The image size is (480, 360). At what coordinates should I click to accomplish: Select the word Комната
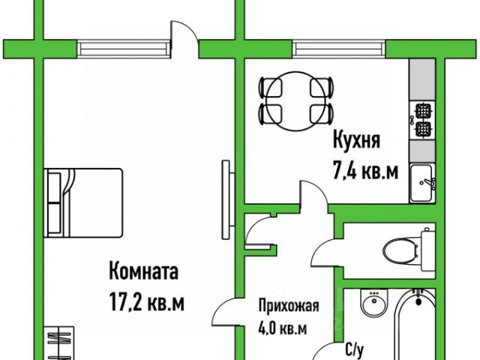(143, 269)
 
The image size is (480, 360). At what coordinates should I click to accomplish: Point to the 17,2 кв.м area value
(146, 304)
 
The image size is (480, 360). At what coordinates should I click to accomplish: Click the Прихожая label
(289, 306)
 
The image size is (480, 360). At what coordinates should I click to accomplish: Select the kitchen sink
(423, 181)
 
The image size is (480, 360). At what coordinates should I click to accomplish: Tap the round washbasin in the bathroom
(373, 304)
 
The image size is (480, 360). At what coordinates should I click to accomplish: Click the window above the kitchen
(340, 49)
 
